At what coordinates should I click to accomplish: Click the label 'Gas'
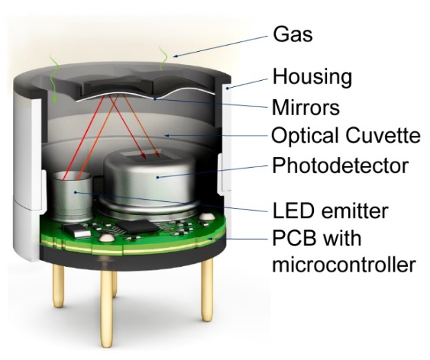click(x=293, y=33)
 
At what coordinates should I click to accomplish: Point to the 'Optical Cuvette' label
click(x=345, y=136)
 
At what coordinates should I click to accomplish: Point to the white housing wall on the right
click(x=230, y=138)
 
